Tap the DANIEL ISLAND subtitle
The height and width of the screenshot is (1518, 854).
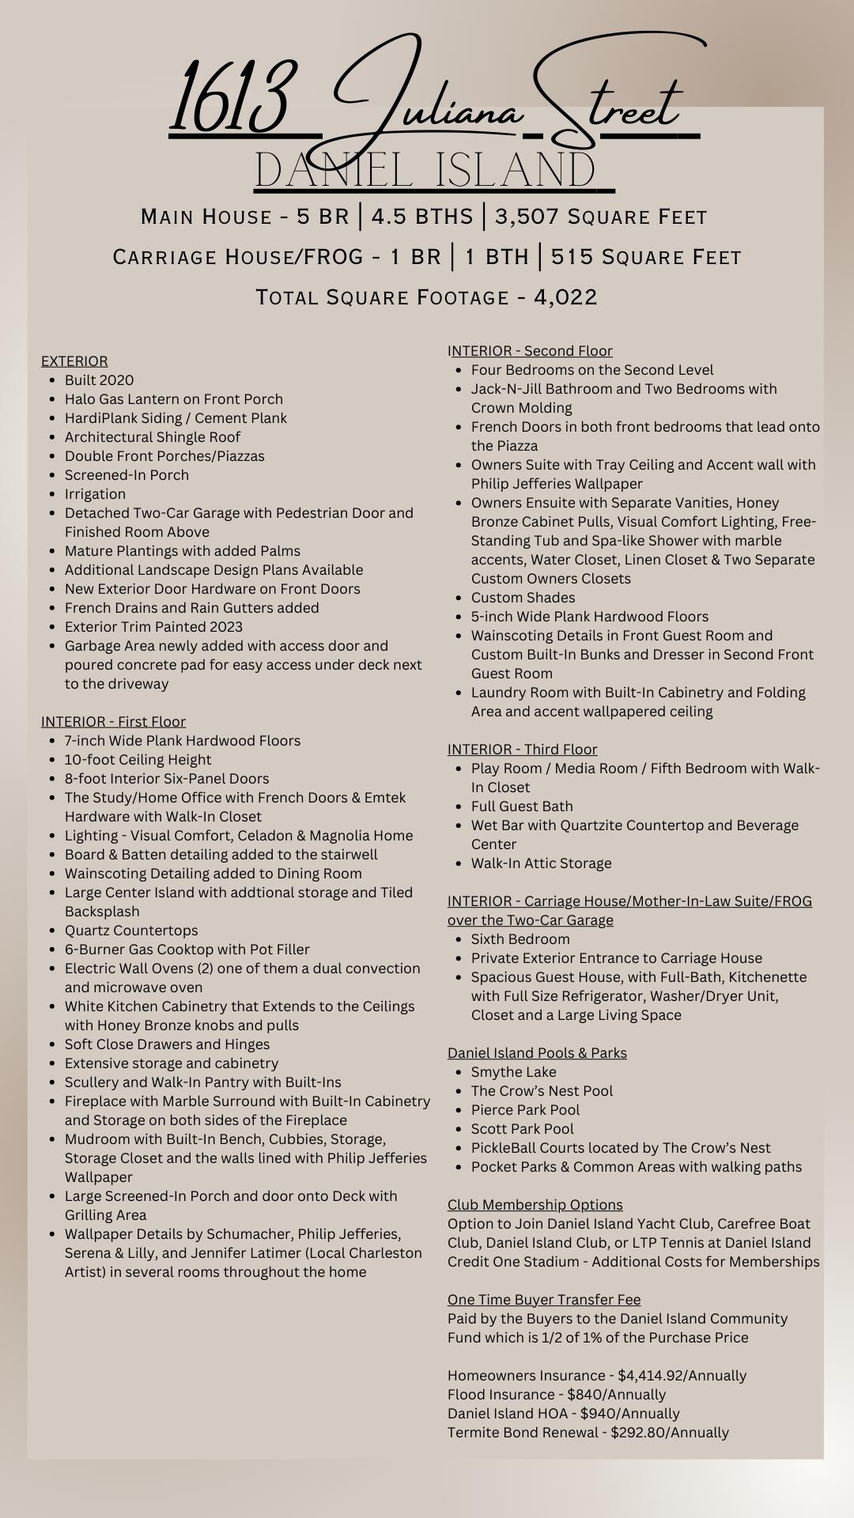pyautogui.click(x=425, y=171)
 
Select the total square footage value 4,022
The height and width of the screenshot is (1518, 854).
pyautogui.click(x=565, y=297)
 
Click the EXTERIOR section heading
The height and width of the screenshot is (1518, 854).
pyautogui.click(x=74, y=361)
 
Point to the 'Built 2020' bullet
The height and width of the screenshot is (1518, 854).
pyautogui.click(x=99, y=380)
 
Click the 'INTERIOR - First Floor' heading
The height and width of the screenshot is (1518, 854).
pyautogui.click(x=113, y=722)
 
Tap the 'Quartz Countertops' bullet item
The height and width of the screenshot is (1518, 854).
pyautogui.click(x=131, y=931)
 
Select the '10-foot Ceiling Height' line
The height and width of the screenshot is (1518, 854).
pyautogui.click(x=138, y=760)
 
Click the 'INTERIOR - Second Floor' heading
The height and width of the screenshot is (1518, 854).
pyautogui.click(x=530, y=351)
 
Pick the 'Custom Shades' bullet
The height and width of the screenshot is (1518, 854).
pyautogui.click(x=523, y=598)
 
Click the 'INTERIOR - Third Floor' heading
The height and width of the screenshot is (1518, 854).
pyautogui.click(x=522, y=750)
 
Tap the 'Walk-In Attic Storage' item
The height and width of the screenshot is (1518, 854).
pyautogui.click(x=541, y=863)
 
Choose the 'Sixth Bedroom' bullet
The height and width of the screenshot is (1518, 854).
pyautogui.click(x=520, y=939)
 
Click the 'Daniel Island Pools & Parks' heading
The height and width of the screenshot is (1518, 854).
pyautogui.click(x=537, y=1053)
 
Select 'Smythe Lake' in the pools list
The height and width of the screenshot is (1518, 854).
pyautogui.click(x=513, y=1072)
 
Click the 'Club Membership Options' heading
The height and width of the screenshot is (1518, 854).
pyautogui.click(x=535, y=1205)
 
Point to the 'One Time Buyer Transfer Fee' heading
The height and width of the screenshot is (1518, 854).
pyautogui.click(x=544, y=1300)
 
